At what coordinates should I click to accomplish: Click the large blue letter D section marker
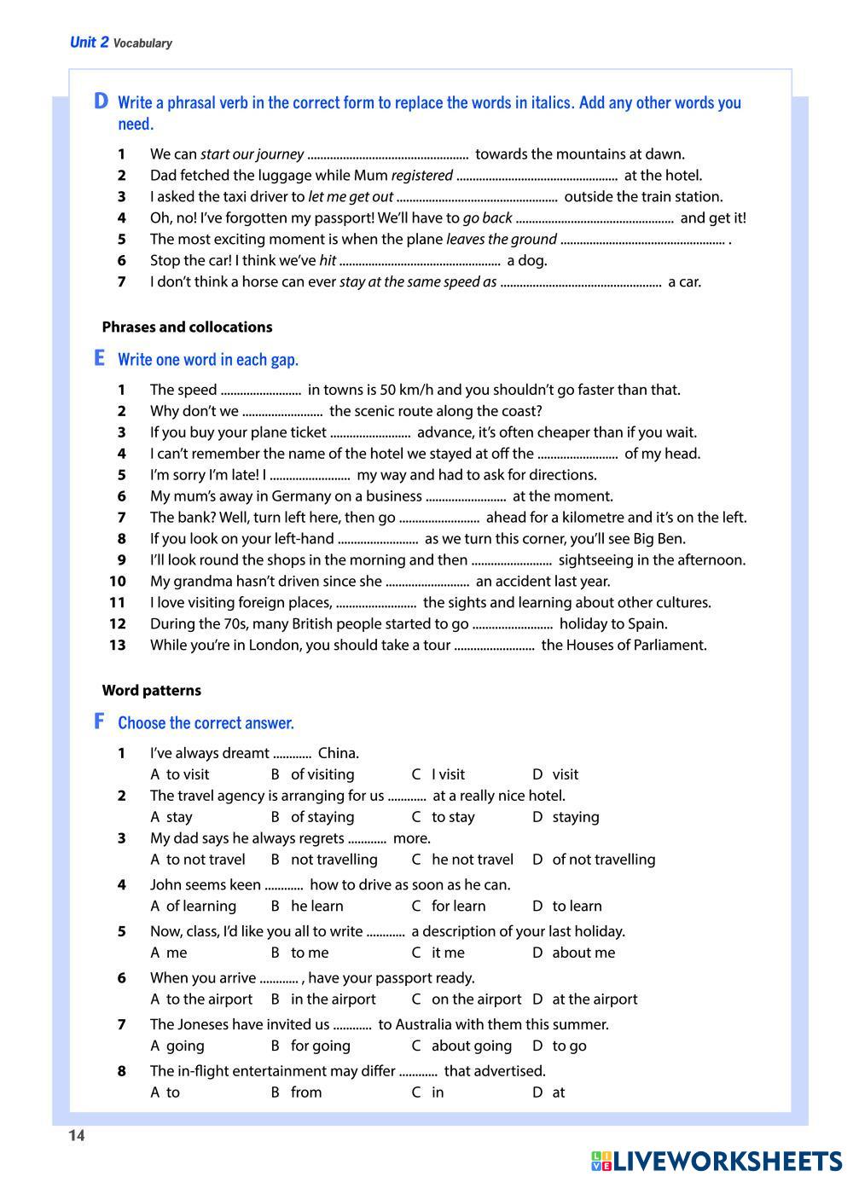point(101,101)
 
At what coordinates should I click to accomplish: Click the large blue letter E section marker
point(100,358)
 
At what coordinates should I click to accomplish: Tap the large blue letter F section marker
point(100,721)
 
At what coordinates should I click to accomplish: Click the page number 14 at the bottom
point(77,1135)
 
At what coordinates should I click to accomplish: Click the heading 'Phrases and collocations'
point(187,327)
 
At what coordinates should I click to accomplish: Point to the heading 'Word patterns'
point(151,690)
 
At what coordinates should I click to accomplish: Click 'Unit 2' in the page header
point(90,43)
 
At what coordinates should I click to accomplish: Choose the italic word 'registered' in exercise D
point(421,176)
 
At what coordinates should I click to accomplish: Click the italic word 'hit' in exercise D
point(327,261)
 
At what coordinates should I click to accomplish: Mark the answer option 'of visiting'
point(322,774)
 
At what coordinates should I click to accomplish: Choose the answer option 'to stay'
point(453,817)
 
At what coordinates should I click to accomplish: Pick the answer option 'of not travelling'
point(603,860)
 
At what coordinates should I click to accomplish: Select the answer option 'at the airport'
point(595,999)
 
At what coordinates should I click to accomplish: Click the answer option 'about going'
point(471,1046)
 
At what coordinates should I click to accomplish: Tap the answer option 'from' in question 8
point(306,1092)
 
